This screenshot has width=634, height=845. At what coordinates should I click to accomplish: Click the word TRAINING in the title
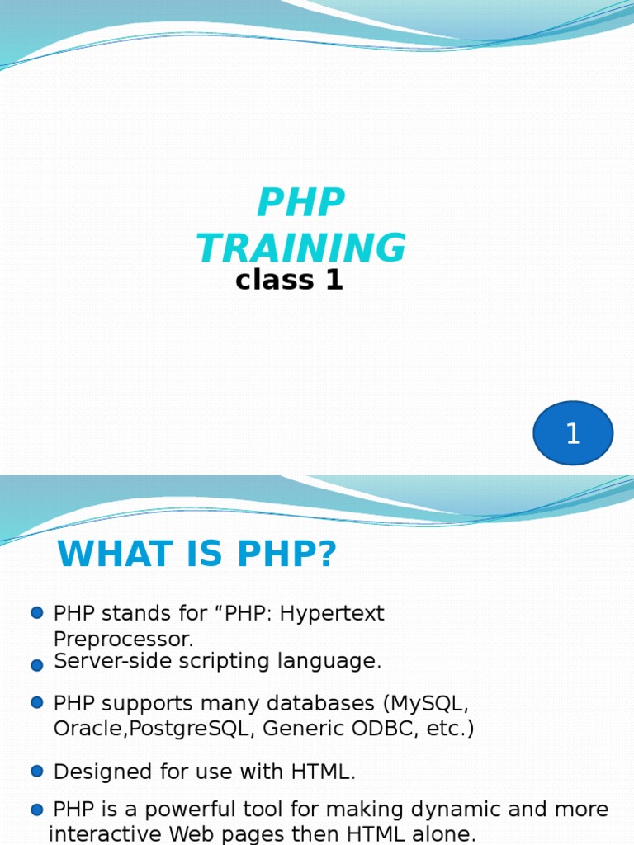301,248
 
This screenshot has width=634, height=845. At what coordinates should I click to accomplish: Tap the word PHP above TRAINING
301,203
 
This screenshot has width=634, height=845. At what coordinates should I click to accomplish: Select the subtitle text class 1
289,281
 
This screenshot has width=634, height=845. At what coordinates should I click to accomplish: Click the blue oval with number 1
573,433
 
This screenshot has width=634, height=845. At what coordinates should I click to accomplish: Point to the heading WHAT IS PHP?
197,555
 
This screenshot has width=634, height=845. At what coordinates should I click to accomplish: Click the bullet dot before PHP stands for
36,613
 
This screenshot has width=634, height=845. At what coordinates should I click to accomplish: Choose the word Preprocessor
122,640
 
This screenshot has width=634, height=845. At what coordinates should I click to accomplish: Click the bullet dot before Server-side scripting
36,664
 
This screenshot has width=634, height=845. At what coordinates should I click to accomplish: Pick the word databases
321,704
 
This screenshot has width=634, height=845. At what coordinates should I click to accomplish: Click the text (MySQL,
426,704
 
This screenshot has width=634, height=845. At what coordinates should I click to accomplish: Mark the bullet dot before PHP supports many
36,702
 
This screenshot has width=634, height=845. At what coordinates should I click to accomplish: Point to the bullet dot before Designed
36,771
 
